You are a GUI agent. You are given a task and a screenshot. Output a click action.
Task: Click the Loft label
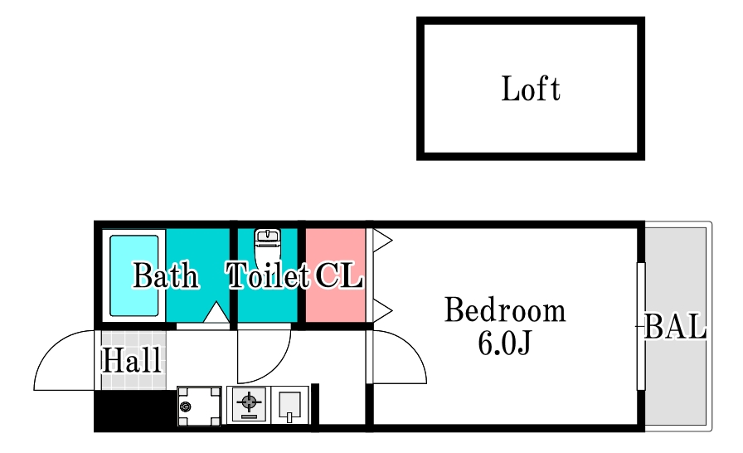click(x=531, y=89)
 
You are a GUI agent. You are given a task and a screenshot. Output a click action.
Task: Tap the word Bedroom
click(x=505, y=310)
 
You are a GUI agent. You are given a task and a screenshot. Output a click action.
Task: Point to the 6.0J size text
click(x=505, y=343)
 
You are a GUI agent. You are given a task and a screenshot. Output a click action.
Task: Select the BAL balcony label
click(x=675, y=326)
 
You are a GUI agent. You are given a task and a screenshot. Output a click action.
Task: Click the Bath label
click(x=165, y=275)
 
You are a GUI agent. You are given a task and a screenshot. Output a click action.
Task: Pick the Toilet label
click(x=268, y=275)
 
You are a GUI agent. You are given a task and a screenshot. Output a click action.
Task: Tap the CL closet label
click(x=339, y=275)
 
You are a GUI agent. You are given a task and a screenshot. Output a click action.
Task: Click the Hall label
click(x=132, y=360)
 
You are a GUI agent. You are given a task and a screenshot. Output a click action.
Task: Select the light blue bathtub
click(x=134, y=275)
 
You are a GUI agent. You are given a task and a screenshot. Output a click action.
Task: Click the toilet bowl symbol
click(x=268, y=249)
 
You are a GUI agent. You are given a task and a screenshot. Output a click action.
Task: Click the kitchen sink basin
click(x=289, y=405)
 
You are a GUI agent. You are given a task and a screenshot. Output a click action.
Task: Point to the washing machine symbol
click(x=199, y=406)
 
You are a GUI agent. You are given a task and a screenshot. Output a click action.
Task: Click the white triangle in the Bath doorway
click(x=216, y=312)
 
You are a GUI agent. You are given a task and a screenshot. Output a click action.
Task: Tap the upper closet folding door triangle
click(x=382, y=241)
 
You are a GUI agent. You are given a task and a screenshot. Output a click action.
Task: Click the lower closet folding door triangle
click(x=382, y=311)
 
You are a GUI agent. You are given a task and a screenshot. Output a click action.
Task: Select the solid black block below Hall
click(x=135, y=411)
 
